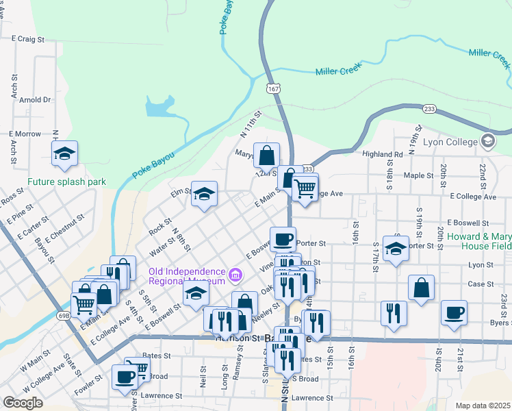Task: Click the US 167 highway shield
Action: coord(273,89)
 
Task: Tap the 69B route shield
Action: coord(64,316)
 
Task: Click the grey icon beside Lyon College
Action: coord(488,141)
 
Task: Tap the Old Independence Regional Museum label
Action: coord(187,276)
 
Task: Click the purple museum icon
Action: coord(235,275)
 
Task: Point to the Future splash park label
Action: coord(67,182)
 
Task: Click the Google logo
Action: coord(23,402)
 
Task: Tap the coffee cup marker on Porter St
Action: coord(283,239)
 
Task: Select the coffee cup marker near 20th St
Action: coord(454,312)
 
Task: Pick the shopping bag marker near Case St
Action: coord(421,288)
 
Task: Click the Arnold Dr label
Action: coord(36,100)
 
